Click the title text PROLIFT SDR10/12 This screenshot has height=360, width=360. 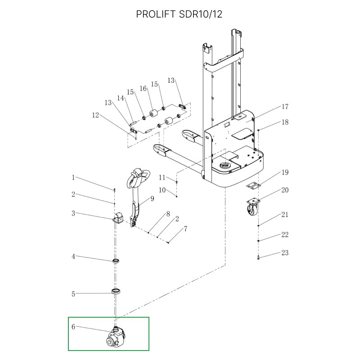point(180,14)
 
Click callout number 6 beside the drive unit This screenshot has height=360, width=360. point(73,327)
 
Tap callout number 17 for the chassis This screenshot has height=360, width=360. point(284,107)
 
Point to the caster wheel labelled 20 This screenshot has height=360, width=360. point(252,208)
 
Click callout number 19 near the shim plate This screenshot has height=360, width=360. point(284,172)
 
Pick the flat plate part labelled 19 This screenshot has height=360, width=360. point(253,185)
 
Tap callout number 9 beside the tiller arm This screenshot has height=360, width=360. point(152,198)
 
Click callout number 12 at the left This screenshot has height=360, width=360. point(95,115)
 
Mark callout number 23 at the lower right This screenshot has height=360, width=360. point(284,253)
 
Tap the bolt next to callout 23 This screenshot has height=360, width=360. point(259,258)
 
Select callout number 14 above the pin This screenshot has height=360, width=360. point(121,98)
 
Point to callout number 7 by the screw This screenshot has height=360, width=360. point(185,229)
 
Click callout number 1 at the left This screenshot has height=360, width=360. point(73,178)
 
